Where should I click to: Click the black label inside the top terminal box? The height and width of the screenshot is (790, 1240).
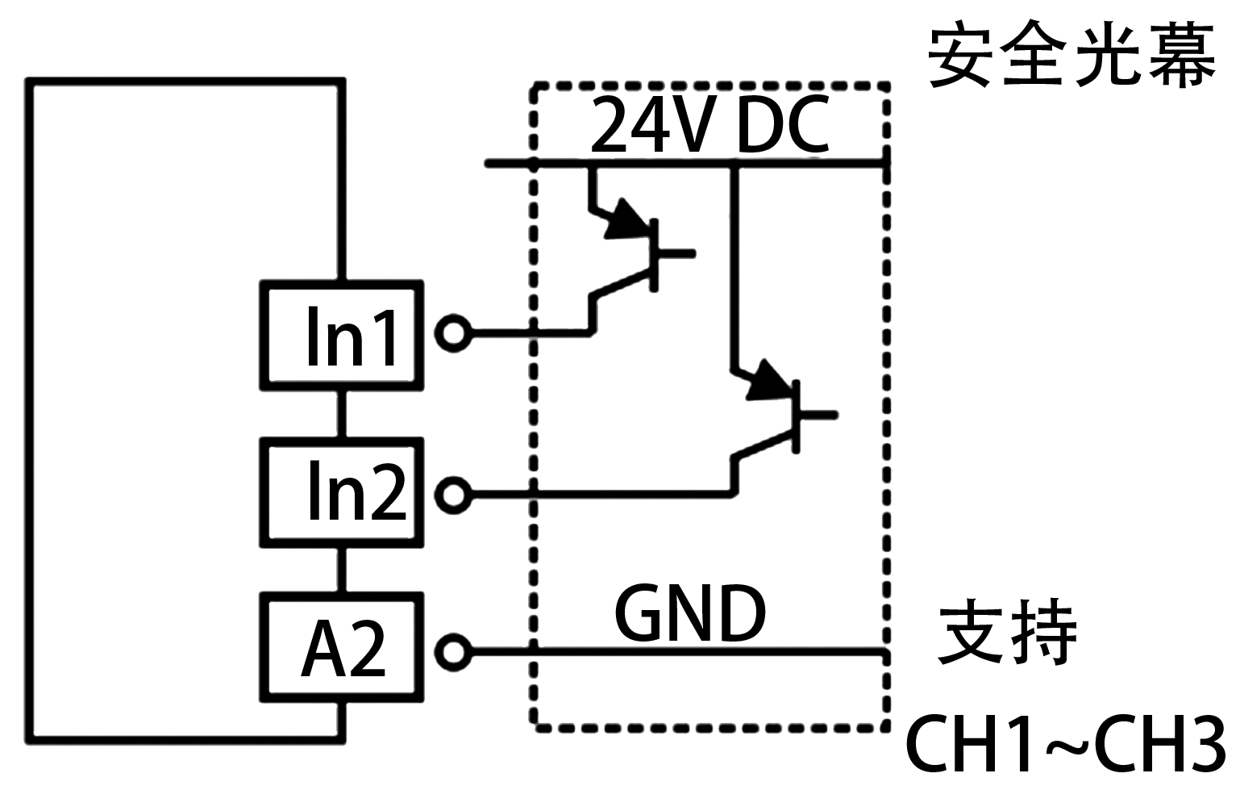tap(351, 335)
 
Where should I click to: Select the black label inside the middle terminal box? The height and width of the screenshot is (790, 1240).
tap(358, 490)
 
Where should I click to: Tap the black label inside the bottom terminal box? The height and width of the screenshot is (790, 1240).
tap(343, 647)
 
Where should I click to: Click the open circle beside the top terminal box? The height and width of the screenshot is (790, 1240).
tap(453, 332)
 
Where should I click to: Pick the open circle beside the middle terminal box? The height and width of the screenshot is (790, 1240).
tap(453, 494)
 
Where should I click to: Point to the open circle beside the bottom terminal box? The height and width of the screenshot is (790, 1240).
tap(453, 651)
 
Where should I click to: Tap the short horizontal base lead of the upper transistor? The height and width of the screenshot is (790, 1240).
tap(676, 253)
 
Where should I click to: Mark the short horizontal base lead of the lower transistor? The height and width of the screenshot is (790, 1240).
tap(819, 415)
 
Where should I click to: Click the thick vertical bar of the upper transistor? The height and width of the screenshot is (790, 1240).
tap(654, 255)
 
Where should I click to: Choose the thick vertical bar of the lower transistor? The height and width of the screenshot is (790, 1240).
tap(797, 416)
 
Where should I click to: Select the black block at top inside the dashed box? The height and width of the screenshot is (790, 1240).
tap(710, 123)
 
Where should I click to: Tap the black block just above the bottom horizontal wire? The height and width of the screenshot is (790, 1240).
tap(690, 612)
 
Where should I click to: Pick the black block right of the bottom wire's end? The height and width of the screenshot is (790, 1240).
tap(1005, 631)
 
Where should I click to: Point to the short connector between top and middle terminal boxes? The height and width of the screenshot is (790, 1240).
tap(341, 414)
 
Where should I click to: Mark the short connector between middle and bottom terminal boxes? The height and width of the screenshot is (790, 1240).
tap(341, 571)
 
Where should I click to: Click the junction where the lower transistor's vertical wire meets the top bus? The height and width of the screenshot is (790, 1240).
tap(734, 164)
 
